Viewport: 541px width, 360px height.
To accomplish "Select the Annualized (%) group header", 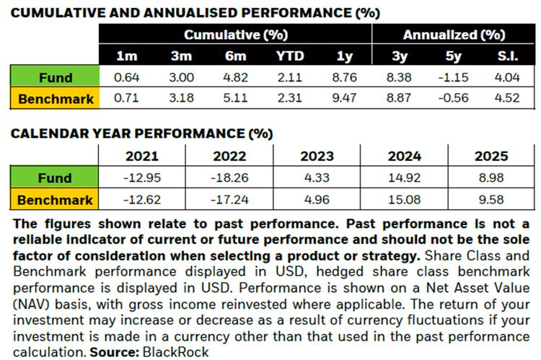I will coord(452,35).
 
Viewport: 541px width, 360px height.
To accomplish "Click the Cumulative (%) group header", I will coord(233,35).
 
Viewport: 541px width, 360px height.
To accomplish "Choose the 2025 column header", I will coord(492,156).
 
